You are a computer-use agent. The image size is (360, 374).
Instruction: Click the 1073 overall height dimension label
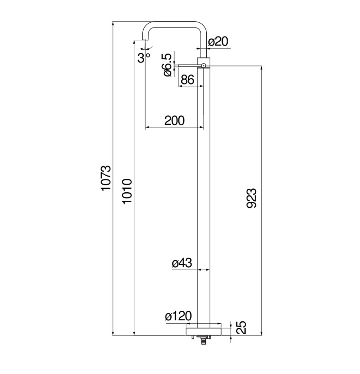pos(106,178)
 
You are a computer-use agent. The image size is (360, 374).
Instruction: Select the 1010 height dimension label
pos(127,191)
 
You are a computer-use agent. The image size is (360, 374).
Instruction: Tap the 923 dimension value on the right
pos(251,198)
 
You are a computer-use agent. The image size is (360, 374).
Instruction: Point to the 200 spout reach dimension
pos(175,121)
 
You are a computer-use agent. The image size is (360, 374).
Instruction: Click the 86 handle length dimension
pos(187,79)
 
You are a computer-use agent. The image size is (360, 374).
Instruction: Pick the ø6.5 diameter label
pos(167,65)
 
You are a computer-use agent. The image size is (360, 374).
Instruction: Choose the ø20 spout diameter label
pos(218,41)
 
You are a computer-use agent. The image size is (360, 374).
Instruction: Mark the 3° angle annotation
pos(144,57)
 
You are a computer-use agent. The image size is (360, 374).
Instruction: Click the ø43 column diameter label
pos(182,263)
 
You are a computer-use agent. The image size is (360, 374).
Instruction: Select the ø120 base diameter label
pos(178,316)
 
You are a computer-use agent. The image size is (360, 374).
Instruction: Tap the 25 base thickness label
pos(241,327)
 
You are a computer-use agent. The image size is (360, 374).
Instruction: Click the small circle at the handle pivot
pos(203,65)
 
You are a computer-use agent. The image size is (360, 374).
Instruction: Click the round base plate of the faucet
pos(203,332)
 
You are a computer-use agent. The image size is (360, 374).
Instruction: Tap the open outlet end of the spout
pos(145,40)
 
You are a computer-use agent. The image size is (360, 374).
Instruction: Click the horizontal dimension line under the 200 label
pos(175,127)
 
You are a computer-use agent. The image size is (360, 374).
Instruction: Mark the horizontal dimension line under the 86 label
pos(191,86)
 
